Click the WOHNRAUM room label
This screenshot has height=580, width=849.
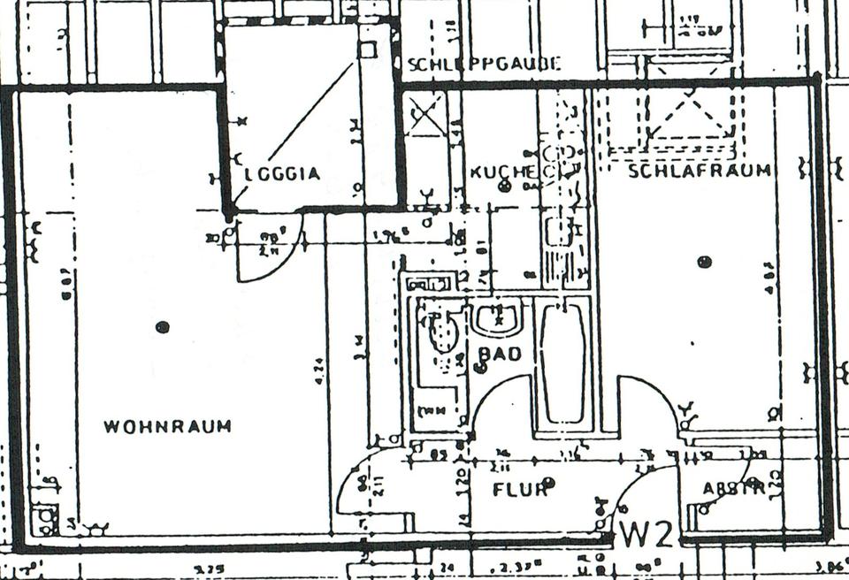point(167,426)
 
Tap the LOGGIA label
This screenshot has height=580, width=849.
point(282,174)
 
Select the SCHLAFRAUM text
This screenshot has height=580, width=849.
point(699,170)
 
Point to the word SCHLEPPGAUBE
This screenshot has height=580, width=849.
point(484,64)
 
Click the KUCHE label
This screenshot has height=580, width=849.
point(501,171)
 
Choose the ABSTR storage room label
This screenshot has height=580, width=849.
point(733,489)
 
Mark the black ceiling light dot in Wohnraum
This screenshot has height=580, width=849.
point(162,327)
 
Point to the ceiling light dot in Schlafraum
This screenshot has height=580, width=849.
point(704,262)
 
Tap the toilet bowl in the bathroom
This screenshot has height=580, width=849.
point(441,334)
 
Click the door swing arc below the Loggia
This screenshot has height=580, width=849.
point(270,256)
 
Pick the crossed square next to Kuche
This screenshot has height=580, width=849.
point(425,116)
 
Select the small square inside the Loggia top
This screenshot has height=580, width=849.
point(368,49)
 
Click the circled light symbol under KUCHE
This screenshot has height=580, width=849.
point(505,186)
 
